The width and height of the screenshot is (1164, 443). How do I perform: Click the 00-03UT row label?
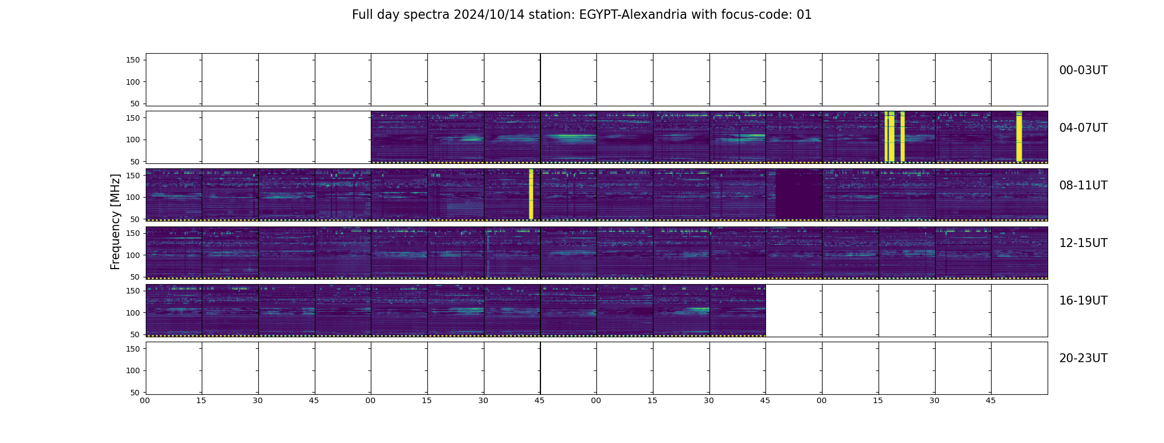pos(1083,70)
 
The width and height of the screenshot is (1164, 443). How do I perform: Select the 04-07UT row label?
pos(1083,128)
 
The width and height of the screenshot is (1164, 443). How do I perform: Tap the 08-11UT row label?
pos(1083,186)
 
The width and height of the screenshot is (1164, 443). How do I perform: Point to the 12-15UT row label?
pos(1083,243)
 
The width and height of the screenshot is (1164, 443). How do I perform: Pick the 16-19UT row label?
pos(1083,301)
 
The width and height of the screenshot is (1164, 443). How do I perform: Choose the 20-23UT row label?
pos(1083,358)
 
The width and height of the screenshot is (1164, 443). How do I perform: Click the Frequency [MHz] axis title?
pos(115,221)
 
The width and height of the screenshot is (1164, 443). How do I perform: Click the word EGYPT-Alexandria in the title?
pos(633,15)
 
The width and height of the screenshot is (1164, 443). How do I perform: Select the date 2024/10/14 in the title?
pos(485,15)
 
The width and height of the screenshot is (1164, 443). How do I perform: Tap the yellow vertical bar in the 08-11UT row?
pos(531,194)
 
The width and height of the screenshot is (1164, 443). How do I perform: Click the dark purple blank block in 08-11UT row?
pos(799,195)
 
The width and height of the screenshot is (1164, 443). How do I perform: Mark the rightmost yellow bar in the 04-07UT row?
pos(1019,136)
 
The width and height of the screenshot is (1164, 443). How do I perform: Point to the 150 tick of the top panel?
pos(134,60)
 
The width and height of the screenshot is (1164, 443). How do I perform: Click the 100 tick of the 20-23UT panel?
pos(134,370)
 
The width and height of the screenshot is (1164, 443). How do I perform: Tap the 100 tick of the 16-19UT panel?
pos(134,313)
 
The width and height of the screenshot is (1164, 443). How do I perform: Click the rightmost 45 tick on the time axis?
pos(991,400)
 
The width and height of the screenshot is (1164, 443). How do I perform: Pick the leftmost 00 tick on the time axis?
pos(145,400)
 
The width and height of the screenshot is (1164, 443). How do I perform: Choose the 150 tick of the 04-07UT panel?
pos(134,117)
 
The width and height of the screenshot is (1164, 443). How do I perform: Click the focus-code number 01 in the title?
pos(804,15)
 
